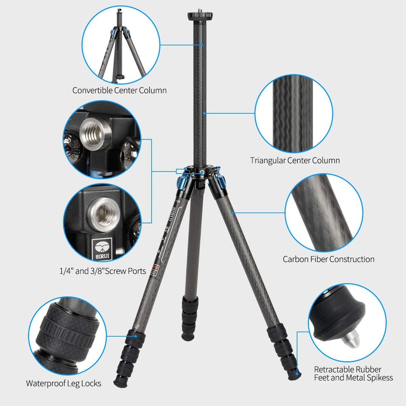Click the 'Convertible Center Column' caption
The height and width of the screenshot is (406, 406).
119,90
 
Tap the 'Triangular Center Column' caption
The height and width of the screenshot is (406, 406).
295,161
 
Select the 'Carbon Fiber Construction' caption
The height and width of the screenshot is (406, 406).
328,259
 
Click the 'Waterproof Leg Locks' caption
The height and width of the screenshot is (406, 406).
63,383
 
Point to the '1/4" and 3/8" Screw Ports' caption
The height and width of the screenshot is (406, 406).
103,271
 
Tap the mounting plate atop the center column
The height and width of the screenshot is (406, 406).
200,16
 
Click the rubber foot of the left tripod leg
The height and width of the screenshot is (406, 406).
120,382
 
